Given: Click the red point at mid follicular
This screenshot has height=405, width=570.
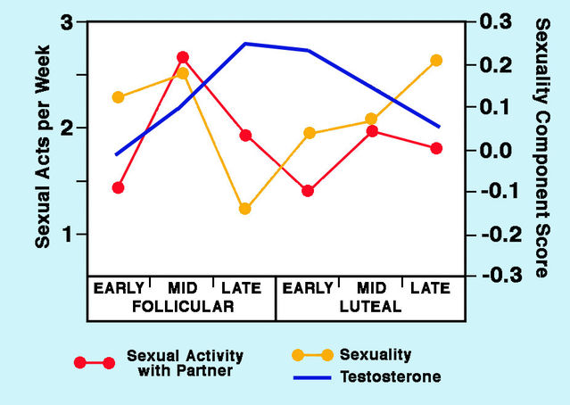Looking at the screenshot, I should pyautogui.click(x=183, y=57).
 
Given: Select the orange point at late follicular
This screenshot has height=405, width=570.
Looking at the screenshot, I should pyautogui.click(x=245, y=209).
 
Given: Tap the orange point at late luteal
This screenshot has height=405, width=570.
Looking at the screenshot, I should pyautogui.click(x=436, y=61).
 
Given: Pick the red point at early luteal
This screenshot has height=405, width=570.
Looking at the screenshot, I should pyautogui.click(x=309, y=191).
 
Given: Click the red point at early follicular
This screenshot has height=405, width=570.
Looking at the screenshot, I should pyautogui.click(x=119, y=187).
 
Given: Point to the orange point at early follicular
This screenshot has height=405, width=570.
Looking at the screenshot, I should pyautogui.click(x=119, y=97).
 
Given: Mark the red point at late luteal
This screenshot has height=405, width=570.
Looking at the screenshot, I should pyautogui.click(x=436, y=148).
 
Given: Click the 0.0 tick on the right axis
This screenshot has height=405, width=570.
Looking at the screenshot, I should pyautogui.click(x=497, y=149).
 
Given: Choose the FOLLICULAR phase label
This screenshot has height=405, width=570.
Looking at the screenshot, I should pyautogui.click(x=182, y=306).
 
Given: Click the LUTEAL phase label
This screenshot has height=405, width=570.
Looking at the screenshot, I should pyautogui.click(x=370, y=306).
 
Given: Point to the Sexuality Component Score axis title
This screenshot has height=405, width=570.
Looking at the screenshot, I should pyautogui.click(x=541, y=147).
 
